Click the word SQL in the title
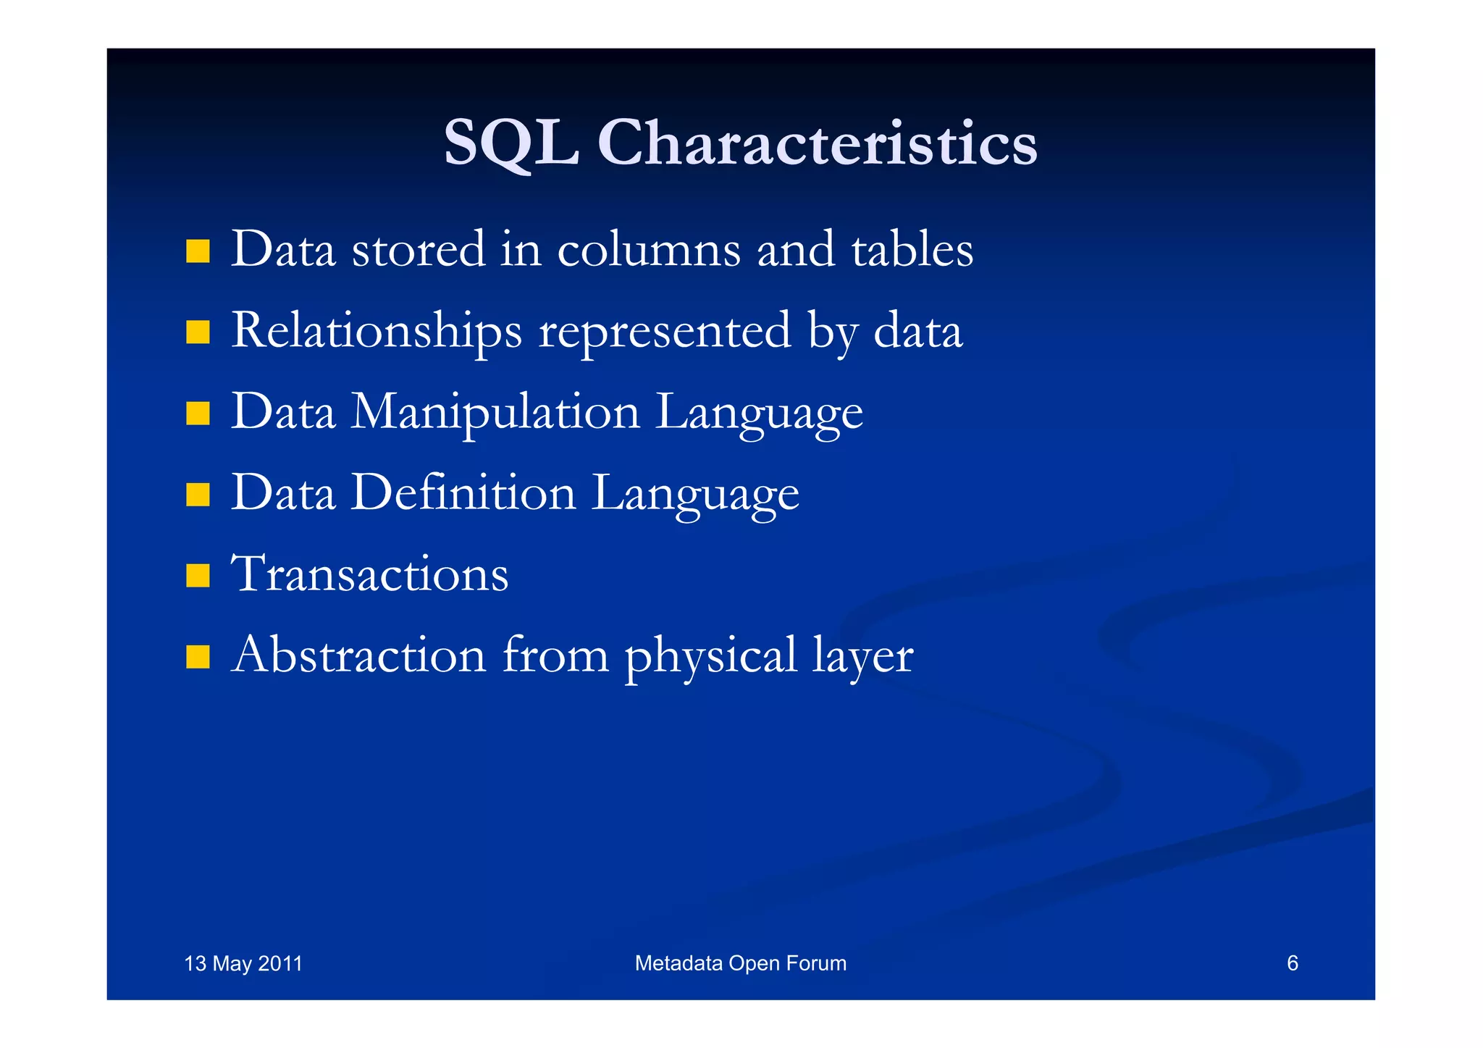tap(511, 143)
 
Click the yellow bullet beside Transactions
tap(197, 576)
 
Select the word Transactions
tap(370, 574)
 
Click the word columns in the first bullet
tap(649, 250)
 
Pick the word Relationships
tap(377, 332)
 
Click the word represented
tap(665, 332)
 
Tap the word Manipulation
tap(496, 413)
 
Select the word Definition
tap(463, 494)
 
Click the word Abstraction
tap(358, 655)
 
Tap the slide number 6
tap(1292, 963)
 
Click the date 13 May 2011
tap(243, 964)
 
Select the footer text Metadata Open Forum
tap(740, 963)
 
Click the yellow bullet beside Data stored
tap(197, 251)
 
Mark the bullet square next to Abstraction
tap(197, 657)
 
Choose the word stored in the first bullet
tap(418, 250)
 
